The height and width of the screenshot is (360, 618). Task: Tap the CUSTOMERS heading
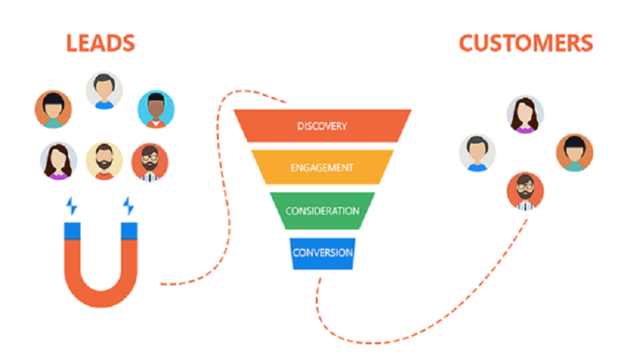pyautogui.click(x=525, y=43)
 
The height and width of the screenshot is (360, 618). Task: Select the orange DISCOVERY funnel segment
pyautogui.click(x=323, y=126)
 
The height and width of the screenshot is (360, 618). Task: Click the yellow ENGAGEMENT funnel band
pyautogui.click(x=322, y=168)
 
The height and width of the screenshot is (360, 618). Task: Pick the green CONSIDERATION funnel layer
pyautogui.click(x=322, y=210)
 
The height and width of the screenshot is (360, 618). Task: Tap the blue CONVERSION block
pyautogui.click(x=323, y=253)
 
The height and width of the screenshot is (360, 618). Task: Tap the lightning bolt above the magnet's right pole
pyautogui.click(x=128, y=205)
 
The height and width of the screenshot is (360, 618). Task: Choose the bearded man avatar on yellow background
pyautogui.click(x=104, y=161)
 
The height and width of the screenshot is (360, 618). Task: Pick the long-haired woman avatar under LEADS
pyautogui.click(x=59, y=161)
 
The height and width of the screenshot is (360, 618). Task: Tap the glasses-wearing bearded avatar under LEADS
pyautogui.click(x=150, y=161)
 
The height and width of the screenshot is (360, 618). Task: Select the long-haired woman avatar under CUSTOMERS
pyautogui.click(x=526, y=115)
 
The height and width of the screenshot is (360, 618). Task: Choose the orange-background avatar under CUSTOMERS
pyautogui.click(x=574, y=153)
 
